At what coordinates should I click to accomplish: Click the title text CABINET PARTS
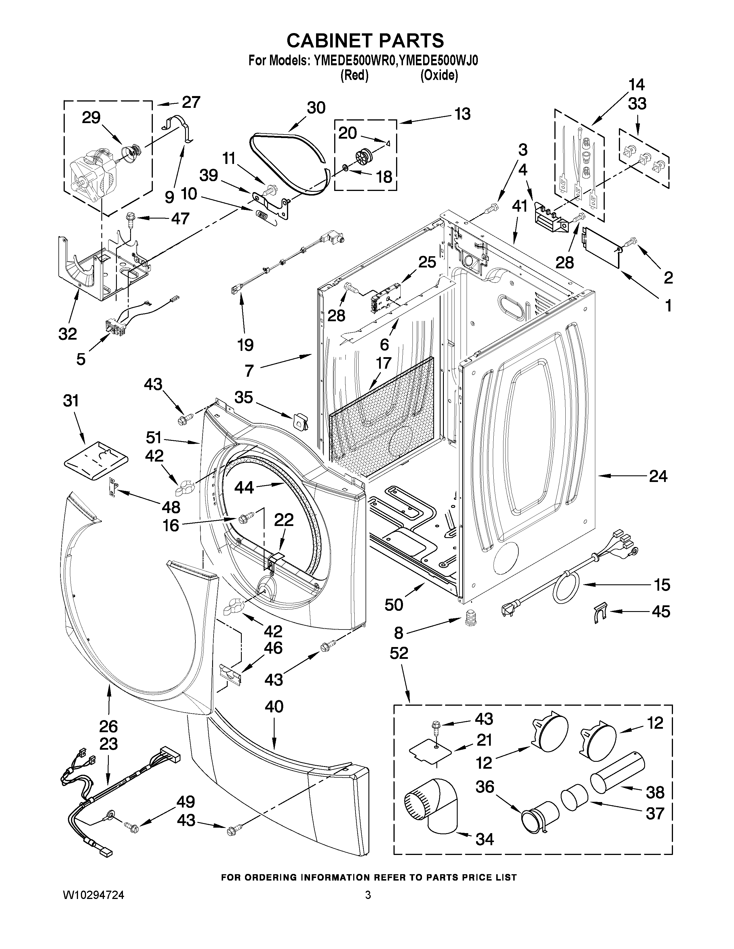click(x=365, y=41)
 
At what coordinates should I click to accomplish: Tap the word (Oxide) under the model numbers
click(x=439, y=76)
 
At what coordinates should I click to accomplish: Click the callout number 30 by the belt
click(x=316, y=108)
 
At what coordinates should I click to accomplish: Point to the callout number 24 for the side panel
click(x=657, y=477)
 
